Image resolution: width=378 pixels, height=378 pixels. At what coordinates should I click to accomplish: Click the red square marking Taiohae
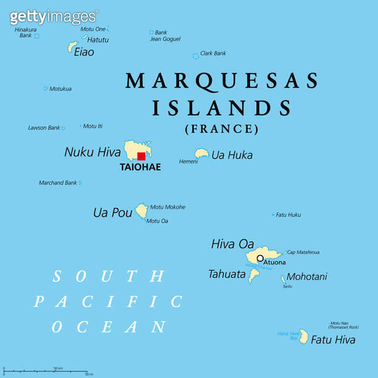click(x=141, y=156)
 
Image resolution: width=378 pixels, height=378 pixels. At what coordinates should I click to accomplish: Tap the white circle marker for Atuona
click(x=260, y=258)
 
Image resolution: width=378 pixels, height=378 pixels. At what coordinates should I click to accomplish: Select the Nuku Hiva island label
click(x=93, y=151)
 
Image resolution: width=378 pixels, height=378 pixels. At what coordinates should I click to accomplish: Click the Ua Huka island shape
click(x=201, y=153)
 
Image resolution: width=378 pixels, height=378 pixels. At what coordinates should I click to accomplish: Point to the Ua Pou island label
click(x=112, y=212)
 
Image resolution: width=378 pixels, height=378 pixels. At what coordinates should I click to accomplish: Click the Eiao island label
click(x=84, y=52)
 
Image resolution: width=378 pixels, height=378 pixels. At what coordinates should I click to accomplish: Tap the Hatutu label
click(x=98, y=40)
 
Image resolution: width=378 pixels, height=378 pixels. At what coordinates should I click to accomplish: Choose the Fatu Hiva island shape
click(x=304, y=336)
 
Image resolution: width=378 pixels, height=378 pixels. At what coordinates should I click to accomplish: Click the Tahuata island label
click(x=227, y=274)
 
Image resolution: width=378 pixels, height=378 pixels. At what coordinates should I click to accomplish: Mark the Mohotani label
click(x=307, y=277)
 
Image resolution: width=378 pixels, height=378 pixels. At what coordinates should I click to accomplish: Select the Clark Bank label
click(x=213, y=54)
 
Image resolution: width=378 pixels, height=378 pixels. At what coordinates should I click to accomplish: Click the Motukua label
click(x=61, y=89)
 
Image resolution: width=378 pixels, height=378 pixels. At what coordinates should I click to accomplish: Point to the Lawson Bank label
click(x=44, y=128)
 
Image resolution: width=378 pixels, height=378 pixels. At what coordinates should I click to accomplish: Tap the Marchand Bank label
click(x=58, y=183)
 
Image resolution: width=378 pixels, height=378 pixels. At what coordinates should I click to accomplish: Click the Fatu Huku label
click(x=288, y=215)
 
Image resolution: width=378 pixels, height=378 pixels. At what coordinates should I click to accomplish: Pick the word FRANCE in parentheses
click(x=222, y=129)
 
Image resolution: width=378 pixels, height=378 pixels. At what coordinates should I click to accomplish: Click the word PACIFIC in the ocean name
click(x=108, y=301)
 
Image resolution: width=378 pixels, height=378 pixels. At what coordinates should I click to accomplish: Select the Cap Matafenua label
click(x=303, y=252)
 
